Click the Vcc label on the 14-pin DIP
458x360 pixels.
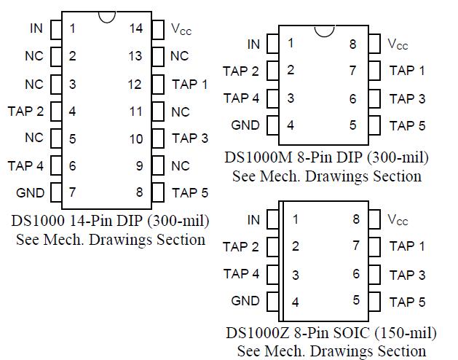(x=182, y=29)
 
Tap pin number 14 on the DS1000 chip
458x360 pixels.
(x=135, y=28)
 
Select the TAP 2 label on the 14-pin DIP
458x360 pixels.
(x=25, y=111)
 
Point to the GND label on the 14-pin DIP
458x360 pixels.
(x=30, y=193)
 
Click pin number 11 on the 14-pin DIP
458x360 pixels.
(x=135, y=111)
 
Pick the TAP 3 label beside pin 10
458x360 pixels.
(x=190, y=138)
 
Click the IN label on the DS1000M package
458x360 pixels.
(x=253, y=44)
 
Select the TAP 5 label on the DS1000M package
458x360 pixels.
(x=407, y=125)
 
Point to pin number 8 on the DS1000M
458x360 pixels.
(x=352, y=44)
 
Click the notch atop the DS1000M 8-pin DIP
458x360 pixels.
(x=322, y=30)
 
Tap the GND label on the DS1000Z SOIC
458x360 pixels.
(x=245, y=301)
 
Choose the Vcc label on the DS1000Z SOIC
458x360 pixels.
(x=398, y=220)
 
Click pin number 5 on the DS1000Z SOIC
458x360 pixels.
(x=356, y=300)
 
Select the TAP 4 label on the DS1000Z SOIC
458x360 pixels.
(x=241, y=274)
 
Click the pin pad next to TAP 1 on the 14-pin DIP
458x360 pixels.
(x=158, y=84)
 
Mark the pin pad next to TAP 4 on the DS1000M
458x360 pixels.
(x=272, y=98)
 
